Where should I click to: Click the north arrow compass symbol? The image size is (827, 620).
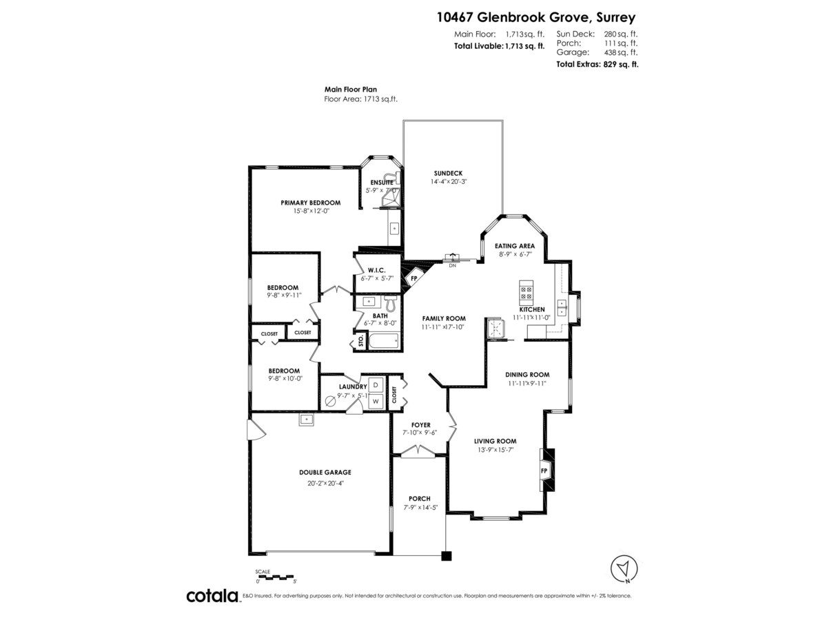[624, 569]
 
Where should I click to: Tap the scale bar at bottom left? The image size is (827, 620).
[275, 576]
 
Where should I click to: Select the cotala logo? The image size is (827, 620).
[212, 596]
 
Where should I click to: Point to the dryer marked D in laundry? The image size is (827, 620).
[376, 385]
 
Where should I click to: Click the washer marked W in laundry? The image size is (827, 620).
[376, 401]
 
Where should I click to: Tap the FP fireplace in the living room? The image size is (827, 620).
[544, 471]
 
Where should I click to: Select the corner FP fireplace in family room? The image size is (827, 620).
[414, 279]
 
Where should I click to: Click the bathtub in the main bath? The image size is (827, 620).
[382, 341]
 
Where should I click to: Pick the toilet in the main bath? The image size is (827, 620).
[389, 303]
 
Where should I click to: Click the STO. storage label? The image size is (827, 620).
[359, 342]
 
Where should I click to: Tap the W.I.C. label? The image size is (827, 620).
[376, 269]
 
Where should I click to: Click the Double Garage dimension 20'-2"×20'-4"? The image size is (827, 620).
[325, 483]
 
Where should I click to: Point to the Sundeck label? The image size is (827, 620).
[448, 173]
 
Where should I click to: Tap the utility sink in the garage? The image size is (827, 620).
[306, 419]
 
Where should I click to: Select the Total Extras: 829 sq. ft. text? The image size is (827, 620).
[597, 64]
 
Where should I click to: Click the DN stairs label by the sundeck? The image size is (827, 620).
[452, 265]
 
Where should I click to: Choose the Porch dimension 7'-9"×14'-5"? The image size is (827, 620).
[419, 508]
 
